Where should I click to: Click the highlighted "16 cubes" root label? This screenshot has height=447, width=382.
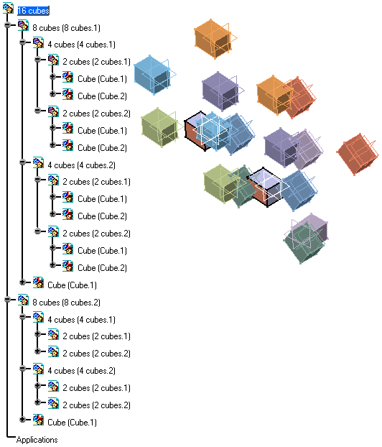tap(33, 11)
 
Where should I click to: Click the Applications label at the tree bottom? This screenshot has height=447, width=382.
tap(37, 440)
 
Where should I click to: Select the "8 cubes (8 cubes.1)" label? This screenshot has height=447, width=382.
tap(66, 28)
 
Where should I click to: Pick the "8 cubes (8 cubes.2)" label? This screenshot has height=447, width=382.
tap(66, 302)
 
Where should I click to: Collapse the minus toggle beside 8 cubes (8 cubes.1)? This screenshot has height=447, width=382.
tap(8, 25)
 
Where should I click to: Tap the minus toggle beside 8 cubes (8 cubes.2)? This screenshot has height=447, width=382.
tap(8, 299)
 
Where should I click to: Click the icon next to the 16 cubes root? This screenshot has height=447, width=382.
tap(8, 8)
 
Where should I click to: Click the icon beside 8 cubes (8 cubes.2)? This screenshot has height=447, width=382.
tap(23, 300)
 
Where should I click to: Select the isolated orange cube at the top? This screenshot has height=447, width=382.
tap(214, 39)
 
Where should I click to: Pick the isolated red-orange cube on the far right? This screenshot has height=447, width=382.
tap(358, 154)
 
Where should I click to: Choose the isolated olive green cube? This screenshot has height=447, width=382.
tap(160, 127)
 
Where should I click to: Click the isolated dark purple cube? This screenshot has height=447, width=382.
tap(220, 91)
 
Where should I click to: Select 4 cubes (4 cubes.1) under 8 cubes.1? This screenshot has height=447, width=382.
tap(81, 45)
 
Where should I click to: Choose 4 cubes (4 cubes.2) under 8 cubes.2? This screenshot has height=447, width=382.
tap(81, 371)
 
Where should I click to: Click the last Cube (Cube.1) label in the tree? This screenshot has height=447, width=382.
tap(72, 423)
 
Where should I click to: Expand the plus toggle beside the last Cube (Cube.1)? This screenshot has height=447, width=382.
tap(22, 420)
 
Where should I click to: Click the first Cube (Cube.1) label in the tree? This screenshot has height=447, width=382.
tap(102, 79)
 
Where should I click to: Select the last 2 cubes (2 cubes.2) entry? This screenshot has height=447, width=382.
tap(96, 405)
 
